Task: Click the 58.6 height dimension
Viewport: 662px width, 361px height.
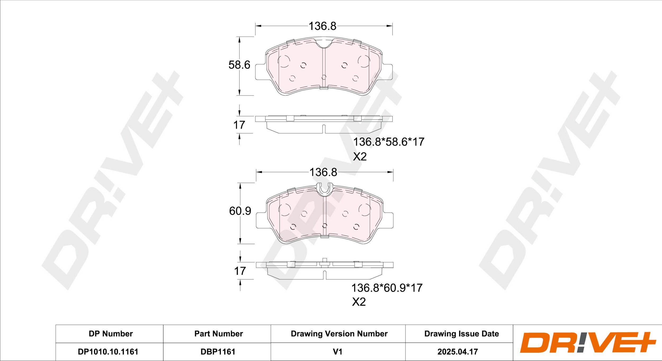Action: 239,65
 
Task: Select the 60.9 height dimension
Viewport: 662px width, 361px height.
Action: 240,211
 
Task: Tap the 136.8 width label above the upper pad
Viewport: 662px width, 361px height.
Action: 323,26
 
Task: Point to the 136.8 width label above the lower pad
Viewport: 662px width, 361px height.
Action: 323,172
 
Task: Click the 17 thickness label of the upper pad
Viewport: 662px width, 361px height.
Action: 239,125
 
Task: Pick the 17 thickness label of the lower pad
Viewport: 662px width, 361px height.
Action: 240,271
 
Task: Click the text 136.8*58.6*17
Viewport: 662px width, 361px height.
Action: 389,142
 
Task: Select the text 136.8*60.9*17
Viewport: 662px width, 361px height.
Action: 387,288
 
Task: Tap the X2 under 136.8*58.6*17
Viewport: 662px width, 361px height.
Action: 360,157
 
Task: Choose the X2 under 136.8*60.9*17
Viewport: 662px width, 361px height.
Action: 359,302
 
